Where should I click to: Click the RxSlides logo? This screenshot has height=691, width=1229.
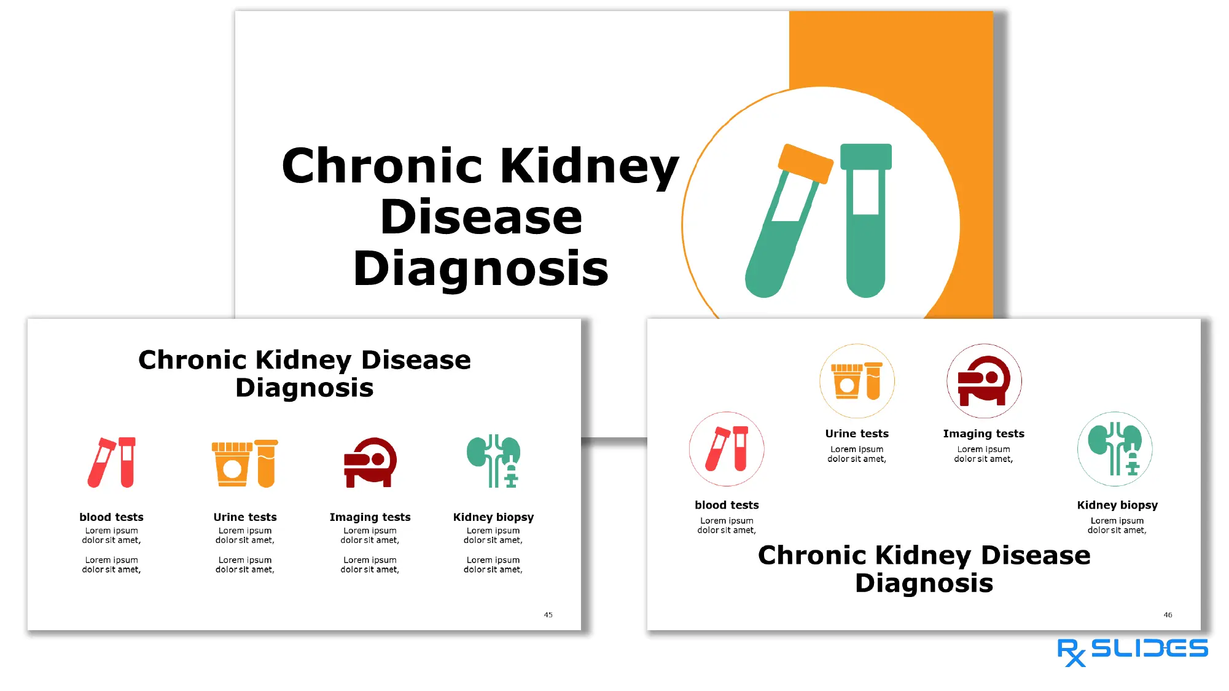[1132, 650]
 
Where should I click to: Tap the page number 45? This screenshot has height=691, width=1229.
[548, 615]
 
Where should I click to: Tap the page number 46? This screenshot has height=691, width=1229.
[1168, 615]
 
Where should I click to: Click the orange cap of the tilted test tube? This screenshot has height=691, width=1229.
[805, 163]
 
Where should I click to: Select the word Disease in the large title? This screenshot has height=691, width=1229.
[481, 217]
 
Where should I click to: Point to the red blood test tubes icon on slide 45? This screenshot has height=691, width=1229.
[112, 463]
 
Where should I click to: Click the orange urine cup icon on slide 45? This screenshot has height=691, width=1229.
[244, 463]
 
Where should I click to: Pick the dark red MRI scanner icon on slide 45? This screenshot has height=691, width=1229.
[370, 463]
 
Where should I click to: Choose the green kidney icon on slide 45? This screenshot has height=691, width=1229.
[494, 461]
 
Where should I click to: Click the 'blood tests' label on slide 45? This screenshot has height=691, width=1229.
[111, 517]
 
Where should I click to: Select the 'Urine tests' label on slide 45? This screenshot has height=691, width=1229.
[245, 517]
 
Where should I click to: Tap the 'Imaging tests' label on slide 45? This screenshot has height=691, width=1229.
[370, 517]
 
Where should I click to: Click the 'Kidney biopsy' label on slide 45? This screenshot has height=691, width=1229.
[493, 517]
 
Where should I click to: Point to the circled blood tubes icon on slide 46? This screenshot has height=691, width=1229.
[727, 449]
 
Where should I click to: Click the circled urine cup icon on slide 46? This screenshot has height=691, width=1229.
[857, 381]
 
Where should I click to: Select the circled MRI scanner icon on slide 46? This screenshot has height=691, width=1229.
[984, 381]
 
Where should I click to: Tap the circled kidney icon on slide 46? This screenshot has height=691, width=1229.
[1115, 449]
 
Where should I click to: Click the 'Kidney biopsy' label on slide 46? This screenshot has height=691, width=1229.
[1117, 505]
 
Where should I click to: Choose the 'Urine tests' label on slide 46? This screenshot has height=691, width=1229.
[857, 434]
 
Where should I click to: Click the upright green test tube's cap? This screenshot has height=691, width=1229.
[865, 156]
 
